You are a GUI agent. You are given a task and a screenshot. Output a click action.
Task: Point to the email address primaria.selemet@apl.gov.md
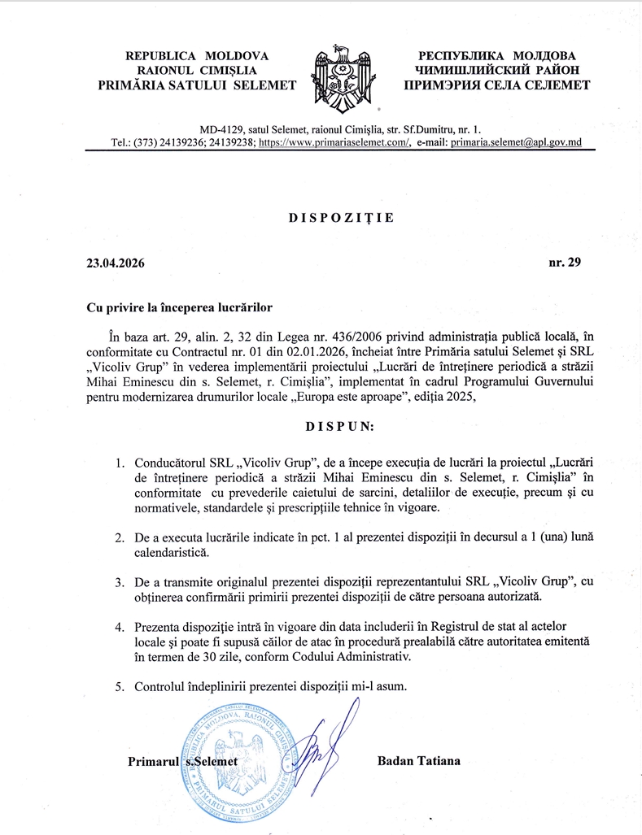[x=516, y=142]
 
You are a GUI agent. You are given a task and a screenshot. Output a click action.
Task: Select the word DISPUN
[x=340, y=426]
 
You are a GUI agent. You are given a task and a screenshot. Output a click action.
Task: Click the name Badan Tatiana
[x=419, y=761]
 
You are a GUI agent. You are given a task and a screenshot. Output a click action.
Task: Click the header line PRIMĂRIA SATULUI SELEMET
[x=197, y=85]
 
